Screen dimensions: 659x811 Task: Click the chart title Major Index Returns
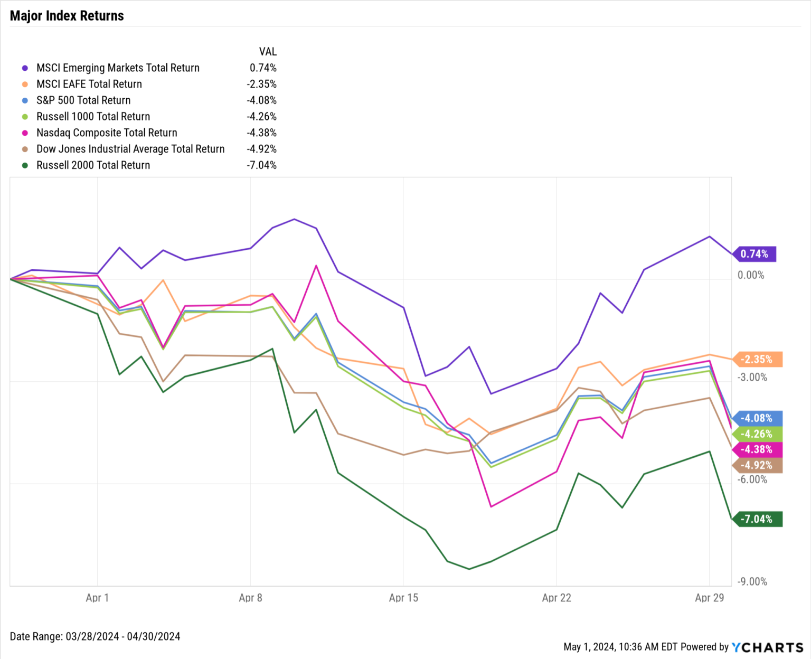pos(67,16)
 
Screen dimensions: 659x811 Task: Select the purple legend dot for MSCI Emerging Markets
pos(25,68)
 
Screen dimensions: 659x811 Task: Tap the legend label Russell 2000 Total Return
pos(93,165)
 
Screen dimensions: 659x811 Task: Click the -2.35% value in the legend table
pos(261,84)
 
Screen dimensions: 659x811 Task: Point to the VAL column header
pos(268,52)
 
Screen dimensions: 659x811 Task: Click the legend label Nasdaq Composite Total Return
pos(107,133)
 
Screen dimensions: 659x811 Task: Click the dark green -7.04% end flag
pos(758,519)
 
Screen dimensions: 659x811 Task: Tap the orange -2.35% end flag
pos(758,360)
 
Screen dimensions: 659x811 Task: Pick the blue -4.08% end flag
pos(758,418)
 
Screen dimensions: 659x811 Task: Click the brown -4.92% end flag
pos(758,465)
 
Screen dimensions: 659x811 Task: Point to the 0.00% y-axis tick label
pos(751,275)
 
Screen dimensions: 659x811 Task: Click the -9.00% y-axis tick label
pos(752,581)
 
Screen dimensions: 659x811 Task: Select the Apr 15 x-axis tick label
pos(403,598)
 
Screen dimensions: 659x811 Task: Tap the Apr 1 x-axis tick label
pos(97,598)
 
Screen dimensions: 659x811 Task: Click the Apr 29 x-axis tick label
pos(709,598)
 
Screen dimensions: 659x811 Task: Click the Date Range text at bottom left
pos(95,636)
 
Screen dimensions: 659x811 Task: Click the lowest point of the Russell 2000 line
pos(469,569)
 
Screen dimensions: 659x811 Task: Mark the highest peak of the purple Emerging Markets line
pos(294,219)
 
